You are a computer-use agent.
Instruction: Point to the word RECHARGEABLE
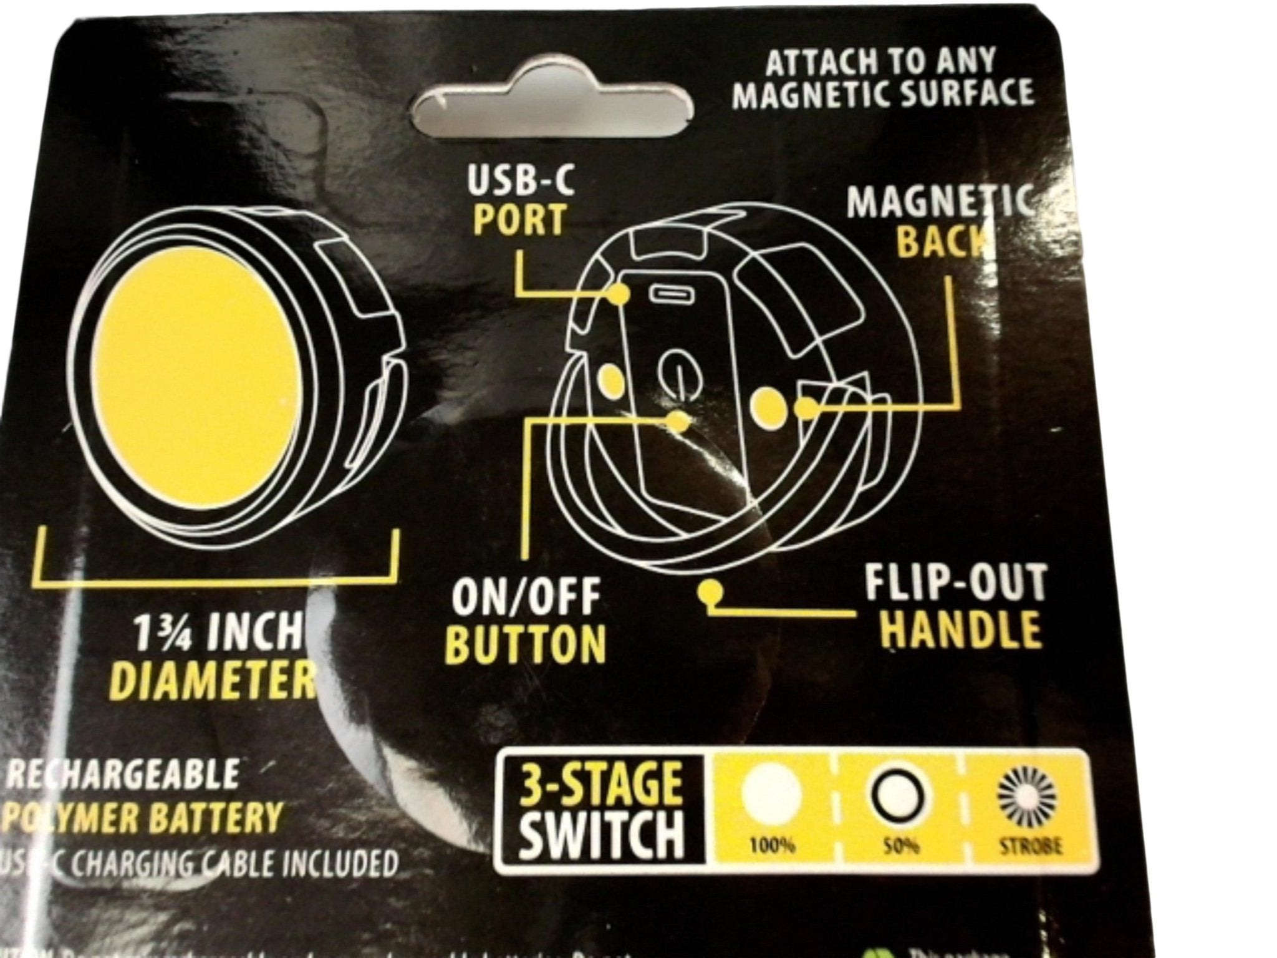pyautogui.click(x=122, y=774)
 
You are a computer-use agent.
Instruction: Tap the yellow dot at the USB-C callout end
pyautogui.click(x=619, y=294)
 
